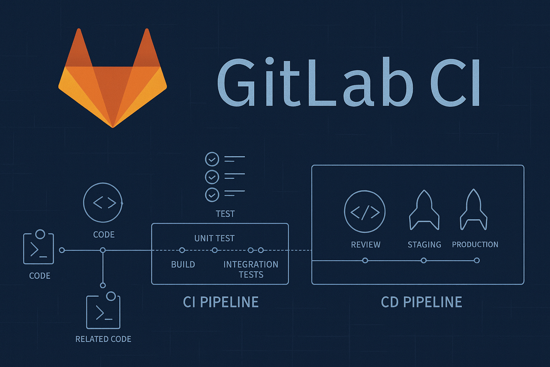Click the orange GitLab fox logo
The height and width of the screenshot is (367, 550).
pyautogui.click(x=112, y=82)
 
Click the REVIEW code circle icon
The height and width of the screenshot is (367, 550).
pyautogui.click(x=365, y=212)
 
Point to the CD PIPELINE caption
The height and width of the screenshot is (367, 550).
pyautogui.click(x=421, y=302)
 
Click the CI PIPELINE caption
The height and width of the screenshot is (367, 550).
pyautogui.click(x=221, y=302)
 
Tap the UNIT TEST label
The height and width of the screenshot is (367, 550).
pyautogui.click(x=214, y=238)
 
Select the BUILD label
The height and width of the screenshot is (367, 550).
pyautogui.click(x=183, y=264)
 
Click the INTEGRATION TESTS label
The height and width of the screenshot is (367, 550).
pyautogui.click(x=251, y=270)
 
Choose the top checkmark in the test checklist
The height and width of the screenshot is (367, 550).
pyautogui.click(x=212, y=159)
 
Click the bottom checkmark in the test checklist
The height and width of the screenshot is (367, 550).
pyautogui.click(x=212, y=195)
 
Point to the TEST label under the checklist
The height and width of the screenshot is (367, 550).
pyautogui.click(x=225, y=214)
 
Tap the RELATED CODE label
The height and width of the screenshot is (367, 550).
pyautogui.click(x=103, y=339)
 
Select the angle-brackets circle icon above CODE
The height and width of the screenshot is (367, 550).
pyautogui.click(x=103, y=203)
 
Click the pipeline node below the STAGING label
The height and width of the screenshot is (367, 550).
pyautogui.click(x=424, y=261)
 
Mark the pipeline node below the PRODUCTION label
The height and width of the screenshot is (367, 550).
pyautogui.click(x=477, y=261)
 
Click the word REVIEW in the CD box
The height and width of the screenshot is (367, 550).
pyautogui.click(x=366, y=245)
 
